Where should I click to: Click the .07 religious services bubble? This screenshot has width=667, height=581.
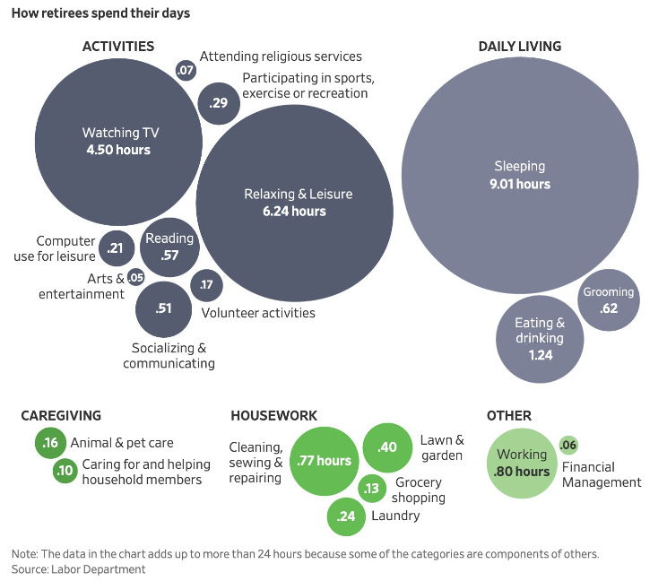click(186, 70)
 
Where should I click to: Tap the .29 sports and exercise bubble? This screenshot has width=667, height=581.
click(218, 103)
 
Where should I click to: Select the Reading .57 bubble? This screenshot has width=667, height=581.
click(169, 246)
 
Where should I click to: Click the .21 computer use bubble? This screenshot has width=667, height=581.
click(115, 247)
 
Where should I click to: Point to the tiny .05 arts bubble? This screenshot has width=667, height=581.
click(135, 277)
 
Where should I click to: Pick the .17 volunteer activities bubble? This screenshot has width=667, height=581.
click(207, 285)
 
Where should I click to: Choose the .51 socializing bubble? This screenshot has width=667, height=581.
click(163, 308)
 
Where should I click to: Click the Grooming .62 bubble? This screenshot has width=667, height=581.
click(609, 300)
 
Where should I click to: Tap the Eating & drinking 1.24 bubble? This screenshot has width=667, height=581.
click(540, 339)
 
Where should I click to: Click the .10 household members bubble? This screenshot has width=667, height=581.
click(65, 471)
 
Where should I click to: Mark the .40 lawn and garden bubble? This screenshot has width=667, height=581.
click(387, 447)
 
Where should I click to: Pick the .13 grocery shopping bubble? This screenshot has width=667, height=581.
click(372, 488)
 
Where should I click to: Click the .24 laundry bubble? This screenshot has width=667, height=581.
click(347, 515)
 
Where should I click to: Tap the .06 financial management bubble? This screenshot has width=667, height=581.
click(567, 445)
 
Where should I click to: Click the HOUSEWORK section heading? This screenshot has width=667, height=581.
click(273, 416)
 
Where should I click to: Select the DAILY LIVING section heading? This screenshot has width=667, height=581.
click(520, 47)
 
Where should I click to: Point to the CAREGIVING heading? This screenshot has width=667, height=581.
click(61, 416)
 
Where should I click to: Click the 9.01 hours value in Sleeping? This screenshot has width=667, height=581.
click(520, 184)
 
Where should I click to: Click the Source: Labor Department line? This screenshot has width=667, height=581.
click(78, 568)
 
